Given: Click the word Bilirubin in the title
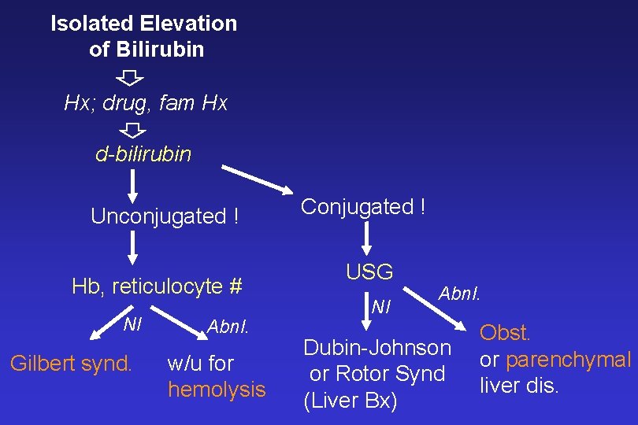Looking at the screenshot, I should (158, 50).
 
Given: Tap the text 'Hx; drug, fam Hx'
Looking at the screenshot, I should (146, 103).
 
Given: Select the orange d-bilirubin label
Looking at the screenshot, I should (143, 153).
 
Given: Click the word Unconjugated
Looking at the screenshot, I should (158, 216).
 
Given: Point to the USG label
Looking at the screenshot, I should (369, 272).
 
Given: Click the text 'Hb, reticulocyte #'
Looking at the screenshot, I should (156, 286).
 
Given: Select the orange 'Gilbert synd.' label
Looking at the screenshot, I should (71, 364).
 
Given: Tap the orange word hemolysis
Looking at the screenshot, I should (217, 390).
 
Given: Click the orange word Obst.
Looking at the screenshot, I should (506, 333).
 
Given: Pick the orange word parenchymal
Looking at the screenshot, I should (568, 360).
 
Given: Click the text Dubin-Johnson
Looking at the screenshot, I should (377, 347).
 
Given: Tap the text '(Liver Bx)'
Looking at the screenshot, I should (351, 401).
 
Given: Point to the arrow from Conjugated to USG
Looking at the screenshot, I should (366, 236).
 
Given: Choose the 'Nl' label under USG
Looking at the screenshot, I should (382, 307).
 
